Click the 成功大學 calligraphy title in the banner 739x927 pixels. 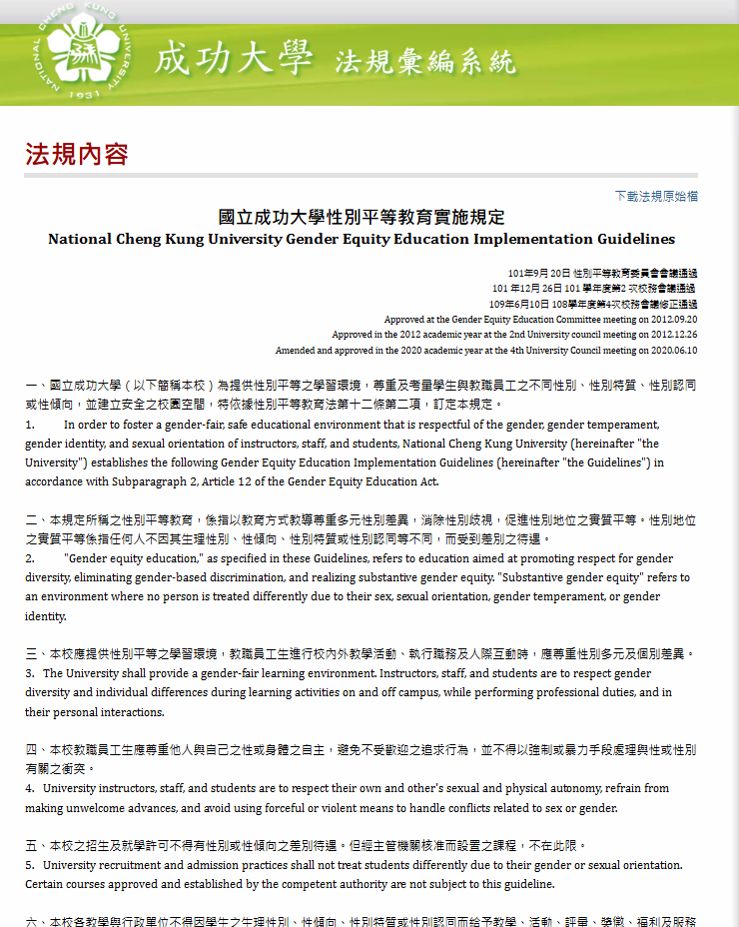click(x=234, y=59)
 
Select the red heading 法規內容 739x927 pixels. click(x=77, y=154)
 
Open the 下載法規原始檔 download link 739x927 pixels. click(x=656, y=196)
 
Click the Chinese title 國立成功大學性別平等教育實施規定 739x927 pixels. click(x=362, y=218)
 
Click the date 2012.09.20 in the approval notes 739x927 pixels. click(x=675, y=320)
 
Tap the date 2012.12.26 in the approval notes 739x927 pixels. click(x=675, y=336)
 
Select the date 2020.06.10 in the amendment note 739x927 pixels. click(x=675, y=351)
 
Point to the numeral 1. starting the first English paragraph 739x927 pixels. click(x=30, y=425)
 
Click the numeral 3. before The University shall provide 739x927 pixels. click(x=30, y=673)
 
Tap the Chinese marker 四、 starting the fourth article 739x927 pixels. click(x=34, y=749)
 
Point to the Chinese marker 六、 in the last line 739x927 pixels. click(x=34, y=922)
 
